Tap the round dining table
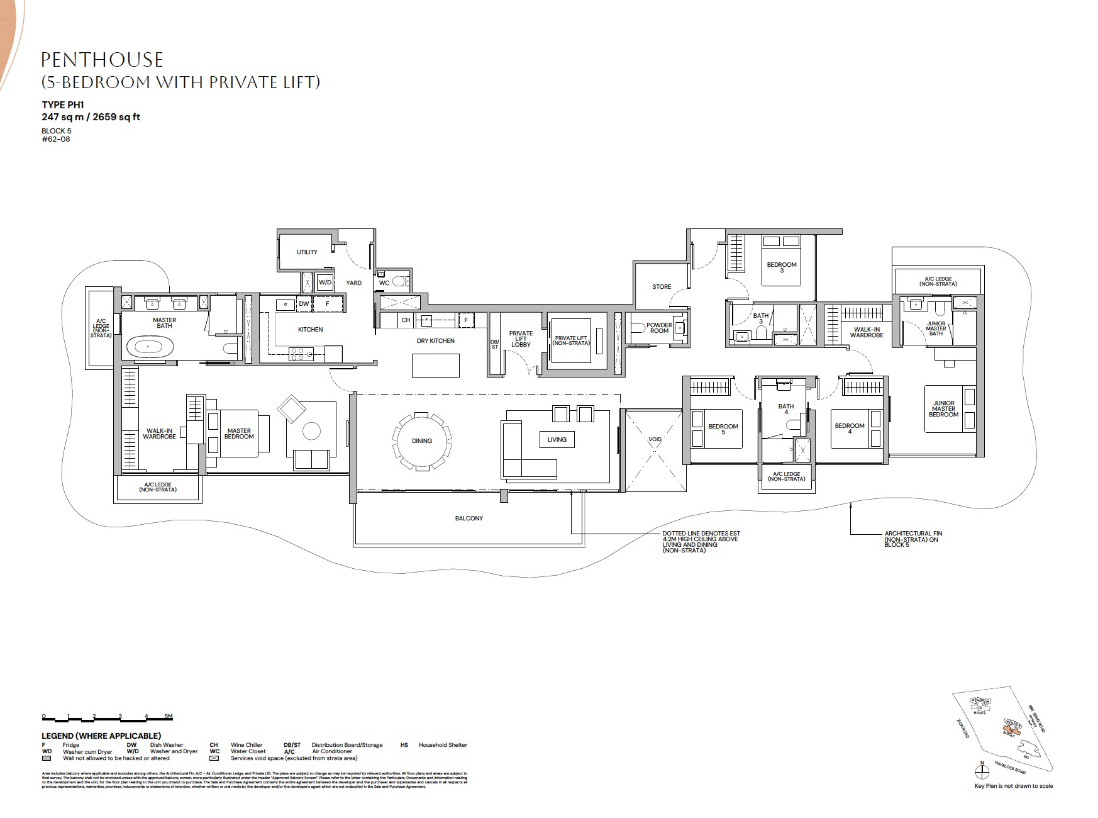[x=421, y=440]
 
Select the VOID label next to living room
[x=655, y=440]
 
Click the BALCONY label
[x=469, y=518]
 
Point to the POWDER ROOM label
[x=659, y=328]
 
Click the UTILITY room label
[x=307, y=252]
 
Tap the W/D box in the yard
[x=324, y=283]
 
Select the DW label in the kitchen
[x=304, y=303]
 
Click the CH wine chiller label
[x=406, y=320]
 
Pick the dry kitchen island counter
[x=435, y=365]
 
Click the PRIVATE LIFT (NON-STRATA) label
[x=572, y=340]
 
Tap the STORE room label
[x=661, y=286]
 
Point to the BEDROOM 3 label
[x=782, y=267]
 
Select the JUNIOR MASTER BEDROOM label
[x=943, y=408]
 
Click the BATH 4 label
[x=785, y=409]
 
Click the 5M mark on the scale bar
[x=168, y=716]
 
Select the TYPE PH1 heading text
[x=63, y=105]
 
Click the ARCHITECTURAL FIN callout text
[x=913, y=539]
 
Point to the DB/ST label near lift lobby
[x=494, y=344]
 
